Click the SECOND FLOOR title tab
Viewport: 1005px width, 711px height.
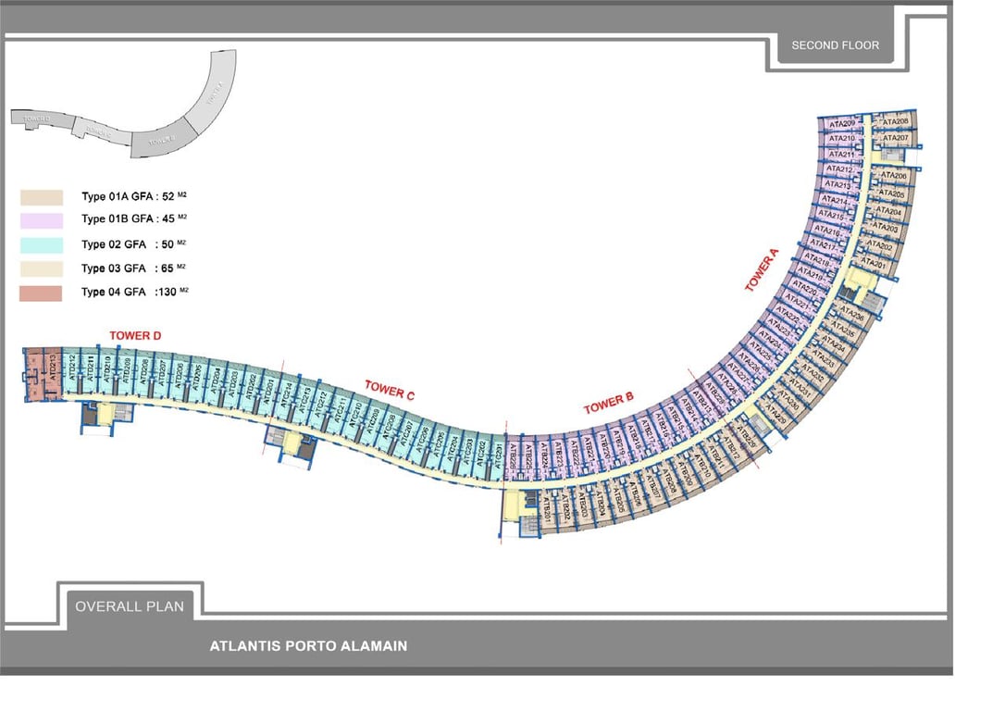tap(835, 44)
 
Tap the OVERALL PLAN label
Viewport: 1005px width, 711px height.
tap(130, 606)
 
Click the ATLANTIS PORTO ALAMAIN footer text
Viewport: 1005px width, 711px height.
tap(308, 646)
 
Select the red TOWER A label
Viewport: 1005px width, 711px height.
tap(763, 269)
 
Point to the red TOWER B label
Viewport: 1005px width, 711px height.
tap(608, 404)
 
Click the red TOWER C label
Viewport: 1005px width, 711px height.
tap(390, 390)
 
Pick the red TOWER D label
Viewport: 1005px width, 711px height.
tap(135, 335)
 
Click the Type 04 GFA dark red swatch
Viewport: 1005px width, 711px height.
tap(41, 293)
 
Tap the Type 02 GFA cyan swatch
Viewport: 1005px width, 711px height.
tap(41, 245)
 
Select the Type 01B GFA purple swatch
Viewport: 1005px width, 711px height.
tap(41, 220)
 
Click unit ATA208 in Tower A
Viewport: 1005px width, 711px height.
tap(895, 121)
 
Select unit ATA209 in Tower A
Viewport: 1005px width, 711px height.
tap(842, 123)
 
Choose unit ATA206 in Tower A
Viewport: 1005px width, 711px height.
tap(894, 175)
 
